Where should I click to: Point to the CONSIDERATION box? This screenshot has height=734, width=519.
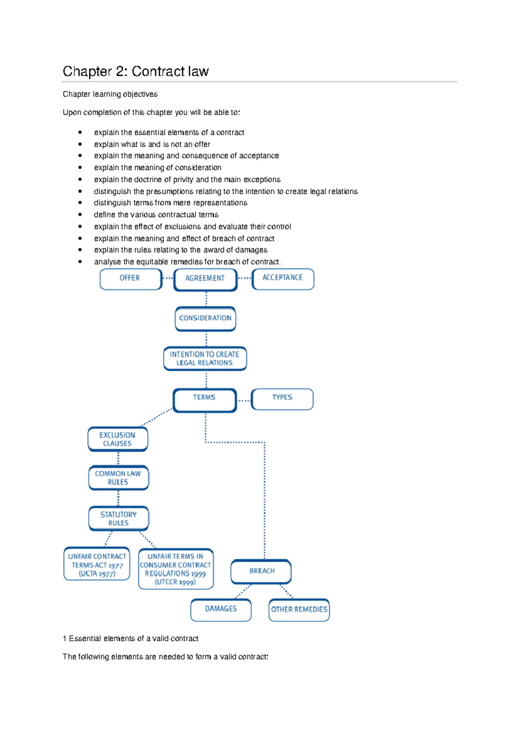(205, 319)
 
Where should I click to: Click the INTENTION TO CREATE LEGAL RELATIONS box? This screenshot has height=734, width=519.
(205, 359)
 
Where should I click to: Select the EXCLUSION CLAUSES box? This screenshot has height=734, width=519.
(118, 439)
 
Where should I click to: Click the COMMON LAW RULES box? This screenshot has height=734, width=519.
(119, 478)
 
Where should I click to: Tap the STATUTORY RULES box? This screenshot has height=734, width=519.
(119, 518)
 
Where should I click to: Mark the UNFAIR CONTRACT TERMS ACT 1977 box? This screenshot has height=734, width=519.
(97, 564)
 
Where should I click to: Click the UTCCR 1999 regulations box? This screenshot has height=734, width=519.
(176, 569)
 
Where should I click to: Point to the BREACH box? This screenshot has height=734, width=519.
(261, 572)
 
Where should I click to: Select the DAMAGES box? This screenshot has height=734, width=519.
(221, 610)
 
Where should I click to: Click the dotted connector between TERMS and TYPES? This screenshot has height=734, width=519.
(244, 401)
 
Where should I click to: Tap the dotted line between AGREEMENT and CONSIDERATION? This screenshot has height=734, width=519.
(206, 299)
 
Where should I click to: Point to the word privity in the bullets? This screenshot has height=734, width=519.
(183, 180)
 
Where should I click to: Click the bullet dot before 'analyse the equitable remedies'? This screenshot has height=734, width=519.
(80, 261)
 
